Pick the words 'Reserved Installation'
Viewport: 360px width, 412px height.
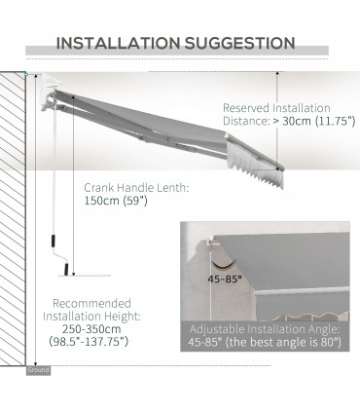point(275,108)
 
